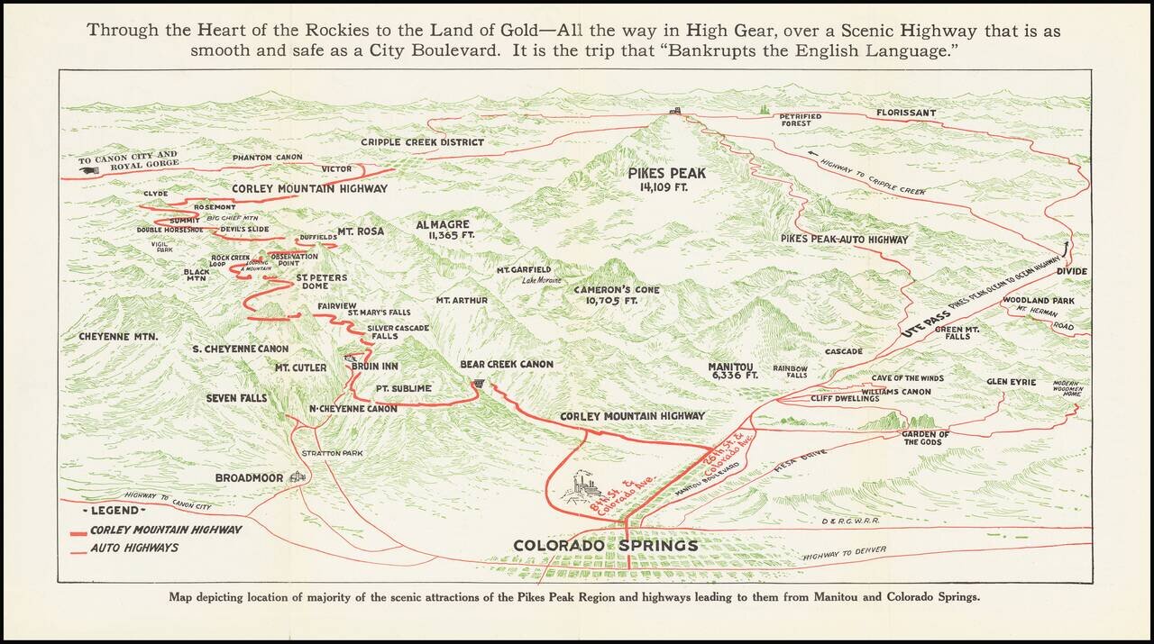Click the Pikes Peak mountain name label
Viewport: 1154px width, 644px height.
coord(668,173)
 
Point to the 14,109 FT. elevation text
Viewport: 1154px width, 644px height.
coord(668,188)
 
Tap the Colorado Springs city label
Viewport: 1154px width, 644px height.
coord(605,546)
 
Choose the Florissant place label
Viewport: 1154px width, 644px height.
coord(906,113)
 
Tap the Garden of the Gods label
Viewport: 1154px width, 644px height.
coord(925,438)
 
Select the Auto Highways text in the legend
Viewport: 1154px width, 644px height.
coord(134,548)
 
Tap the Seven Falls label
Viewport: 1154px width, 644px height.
coord(236,398)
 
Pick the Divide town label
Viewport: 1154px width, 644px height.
coord(1072,271)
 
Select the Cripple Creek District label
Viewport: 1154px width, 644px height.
coord(423,142)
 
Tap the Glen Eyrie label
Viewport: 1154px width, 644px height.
coord(1011,382)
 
